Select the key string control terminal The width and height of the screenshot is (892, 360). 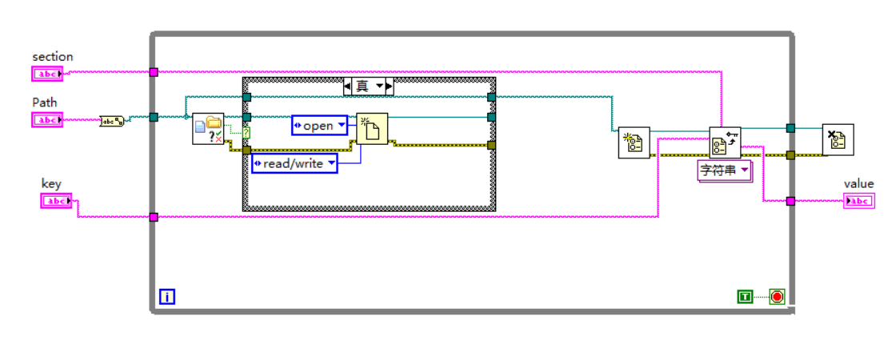click(56, 201)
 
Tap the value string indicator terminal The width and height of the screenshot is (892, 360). click(859, 201)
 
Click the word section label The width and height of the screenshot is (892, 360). click(52, 57)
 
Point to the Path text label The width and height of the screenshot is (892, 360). click(44, 102)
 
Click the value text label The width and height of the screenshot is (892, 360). click(858, 184)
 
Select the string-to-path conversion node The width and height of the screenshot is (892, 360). click(112, 122)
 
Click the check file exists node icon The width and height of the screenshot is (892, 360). click(208, 129)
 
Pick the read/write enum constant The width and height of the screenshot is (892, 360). click(294, 163)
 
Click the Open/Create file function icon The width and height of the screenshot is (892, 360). click(372, 129)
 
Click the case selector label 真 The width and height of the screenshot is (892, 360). click(368, 86)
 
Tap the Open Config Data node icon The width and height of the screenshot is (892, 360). click(634, 143)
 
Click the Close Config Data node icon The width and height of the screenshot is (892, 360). click(838, 140)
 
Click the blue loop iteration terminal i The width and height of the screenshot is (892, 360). click(167, 297)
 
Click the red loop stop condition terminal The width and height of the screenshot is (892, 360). click(777, 297)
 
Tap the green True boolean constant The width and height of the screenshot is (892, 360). click(745, 297)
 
